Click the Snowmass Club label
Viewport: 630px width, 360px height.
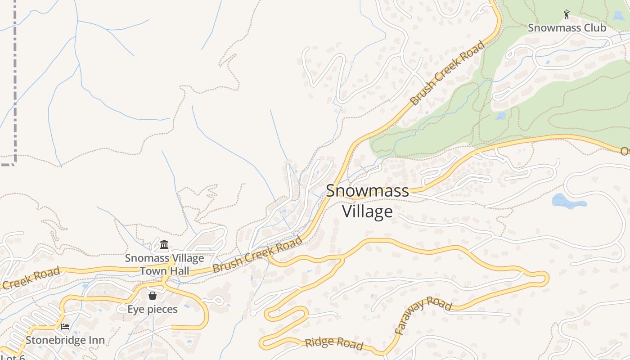click(x=567, y=28)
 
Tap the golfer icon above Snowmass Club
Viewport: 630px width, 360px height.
click(x=567, y=15)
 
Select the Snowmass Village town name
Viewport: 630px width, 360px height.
click(x=367, y=201)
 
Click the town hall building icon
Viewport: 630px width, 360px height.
click(x=164, y=245)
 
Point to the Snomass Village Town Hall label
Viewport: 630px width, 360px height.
click(x=164, y=265)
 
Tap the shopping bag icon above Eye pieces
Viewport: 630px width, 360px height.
click(x=153, y=296)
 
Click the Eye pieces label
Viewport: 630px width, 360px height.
click(x=153, y=309)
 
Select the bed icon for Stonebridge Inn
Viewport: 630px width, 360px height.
click(x=65, y=327)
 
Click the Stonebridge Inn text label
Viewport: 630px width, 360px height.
click(x=65, y=340)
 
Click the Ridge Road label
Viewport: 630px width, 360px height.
click(x=333, y=343)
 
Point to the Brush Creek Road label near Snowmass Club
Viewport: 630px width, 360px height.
click(x=448, y=73)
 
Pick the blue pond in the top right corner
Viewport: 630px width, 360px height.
click(x=620, y=16)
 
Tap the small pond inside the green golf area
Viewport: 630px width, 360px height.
click(x=500, y=116)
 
